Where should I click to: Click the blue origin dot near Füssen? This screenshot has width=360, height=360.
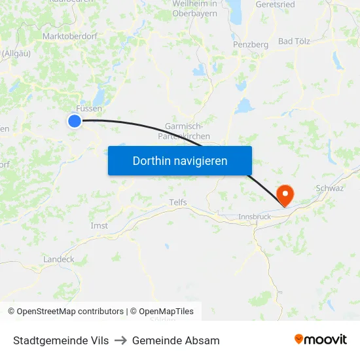pyautogui.click(x=75, y=120)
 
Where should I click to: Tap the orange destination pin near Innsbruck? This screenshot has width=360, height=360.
pyautogui.click(x=285, y=194)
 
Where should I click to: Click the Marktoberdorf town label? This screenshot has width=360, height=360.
pyautogui.click(x=69, y=37)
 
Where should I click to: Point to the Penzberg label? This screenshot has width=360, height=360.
pyautogui.click(x=251, y=45)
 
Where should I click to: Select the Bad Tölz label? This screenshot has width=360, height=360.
pyautogui.click(x=295, y=41)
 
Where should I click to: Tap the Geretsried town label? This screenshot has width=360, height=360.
pyautogui.click(x=275, y=4)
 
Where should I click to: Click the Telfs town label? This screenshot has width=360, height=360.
pyautogui.click(x=178, y=202)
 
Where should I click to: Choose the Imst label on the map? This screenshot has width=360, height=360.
pyautogui.click(x=99, y=226)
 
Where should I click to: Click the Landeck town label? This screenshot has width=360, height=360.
pyautogui.click(x=58, y=259)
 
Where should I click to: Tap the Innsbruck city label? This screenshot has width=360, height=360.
pyautogui.click(x=254, y=217)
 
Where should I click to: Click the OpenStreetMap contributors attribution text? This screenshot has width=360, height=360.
pyautogui.click(x=70, y=312)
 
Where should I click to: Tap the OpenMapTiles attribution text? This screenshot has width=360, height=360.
pyautogui.click(x=166, y=312)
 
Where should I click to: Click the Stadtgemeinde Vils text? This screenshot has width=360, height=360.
pyautogui.click(x=61, y=340)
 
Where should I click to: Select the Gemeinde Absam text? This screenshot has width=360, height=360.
pyautogui.click(x=176, y=340)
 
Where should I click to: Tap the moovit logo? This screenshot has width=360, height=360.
pyautogui.click(x=320, y=340)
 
